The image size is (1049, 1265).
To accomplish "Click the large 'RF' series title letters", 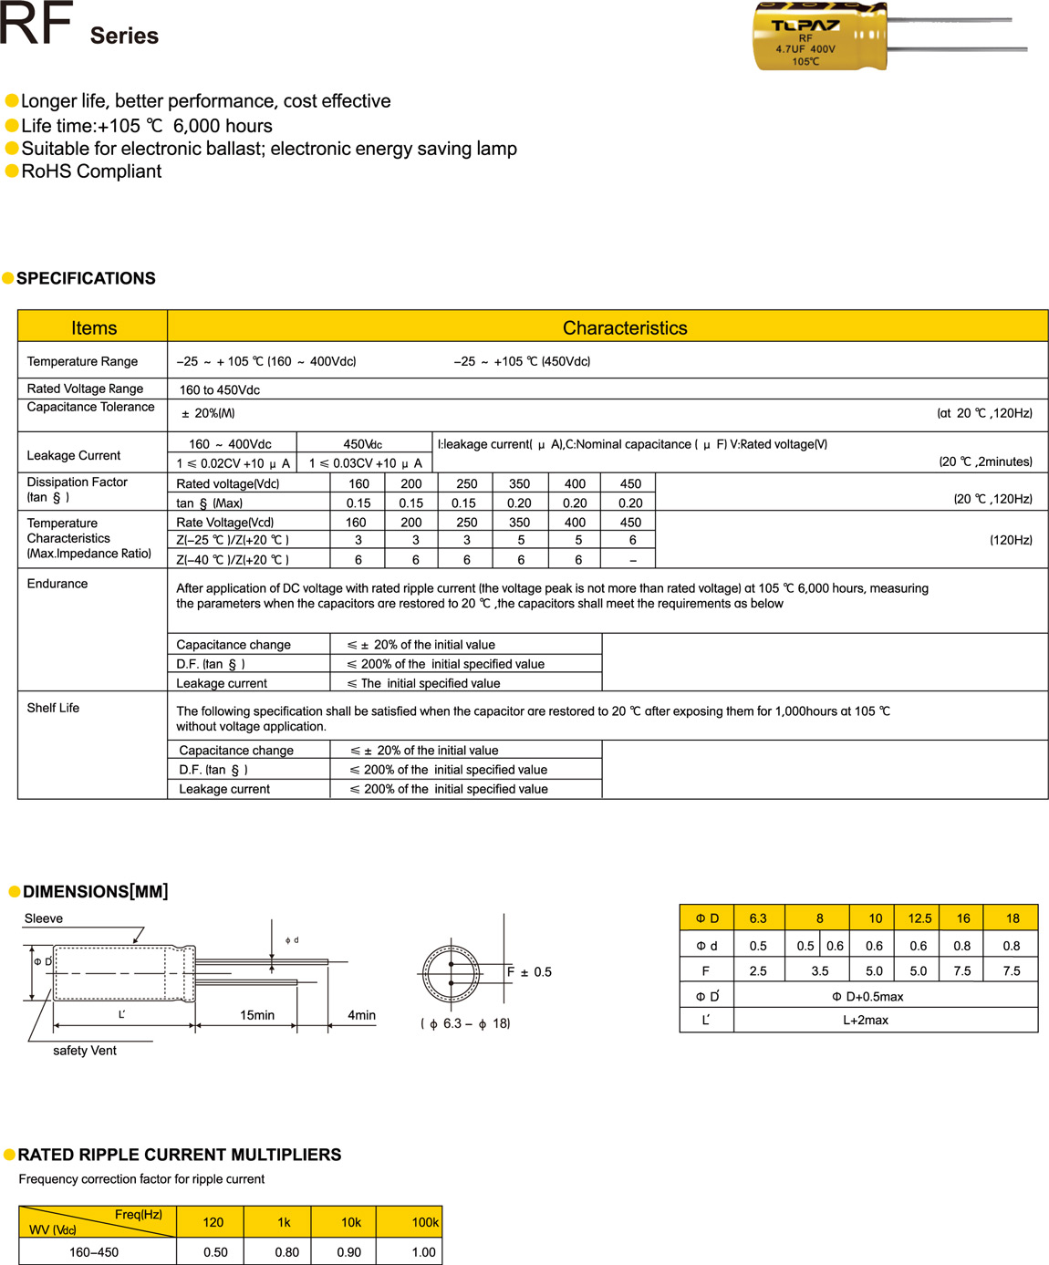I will tap(36, 25).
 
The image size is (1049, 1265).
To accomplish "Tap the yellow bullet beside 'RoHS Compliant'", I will tap(12, 171).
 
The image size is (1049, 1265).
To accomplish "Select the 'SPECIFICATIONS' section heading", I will tap(86, 278).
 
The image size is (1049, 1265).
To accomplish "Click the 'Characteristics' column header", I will tap(625, 327).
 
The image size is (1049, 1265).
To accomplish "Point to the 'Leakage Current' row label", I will tap(74, 455).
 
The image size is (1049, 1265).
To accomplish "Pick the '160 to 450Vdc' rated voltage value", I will tap(220, 389).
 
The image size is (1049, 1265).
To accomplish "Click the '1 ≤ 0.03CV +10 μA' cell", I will tap(365, 463).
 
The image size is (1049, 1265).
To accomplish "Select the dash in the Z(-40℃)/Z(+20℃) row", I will tap(633, 560).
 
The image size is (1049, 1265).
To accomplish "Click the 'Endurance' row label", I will tap(57, 584).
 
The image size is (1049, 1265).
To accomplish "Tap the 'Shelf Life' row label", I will tap(53, 708).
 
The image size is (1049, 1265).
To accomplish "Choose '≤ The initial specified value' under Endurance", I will tap(424, 683).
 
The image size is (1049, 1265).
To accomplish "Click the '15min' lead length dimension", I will tap(257, 1015).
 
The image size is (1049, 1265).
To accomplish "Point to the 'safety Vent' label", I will tap(85, 1051).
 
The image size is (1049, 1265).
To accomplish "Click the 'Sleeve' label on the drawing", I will tap(44, 918).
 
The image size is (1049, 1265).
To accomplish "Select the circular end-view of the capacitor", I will tap(451, 973).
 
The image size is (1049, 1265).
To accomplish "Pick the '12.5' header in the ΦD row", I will tap(919, 918).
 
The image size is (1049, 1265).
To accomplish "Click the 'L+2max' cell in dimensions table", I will tap(865, 1020).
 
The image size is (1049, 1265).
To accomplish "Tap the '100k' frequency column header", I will tap(425, 1222).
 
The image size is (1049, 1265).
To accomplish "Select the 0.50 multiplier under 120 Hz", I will tap(216, 1252).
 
